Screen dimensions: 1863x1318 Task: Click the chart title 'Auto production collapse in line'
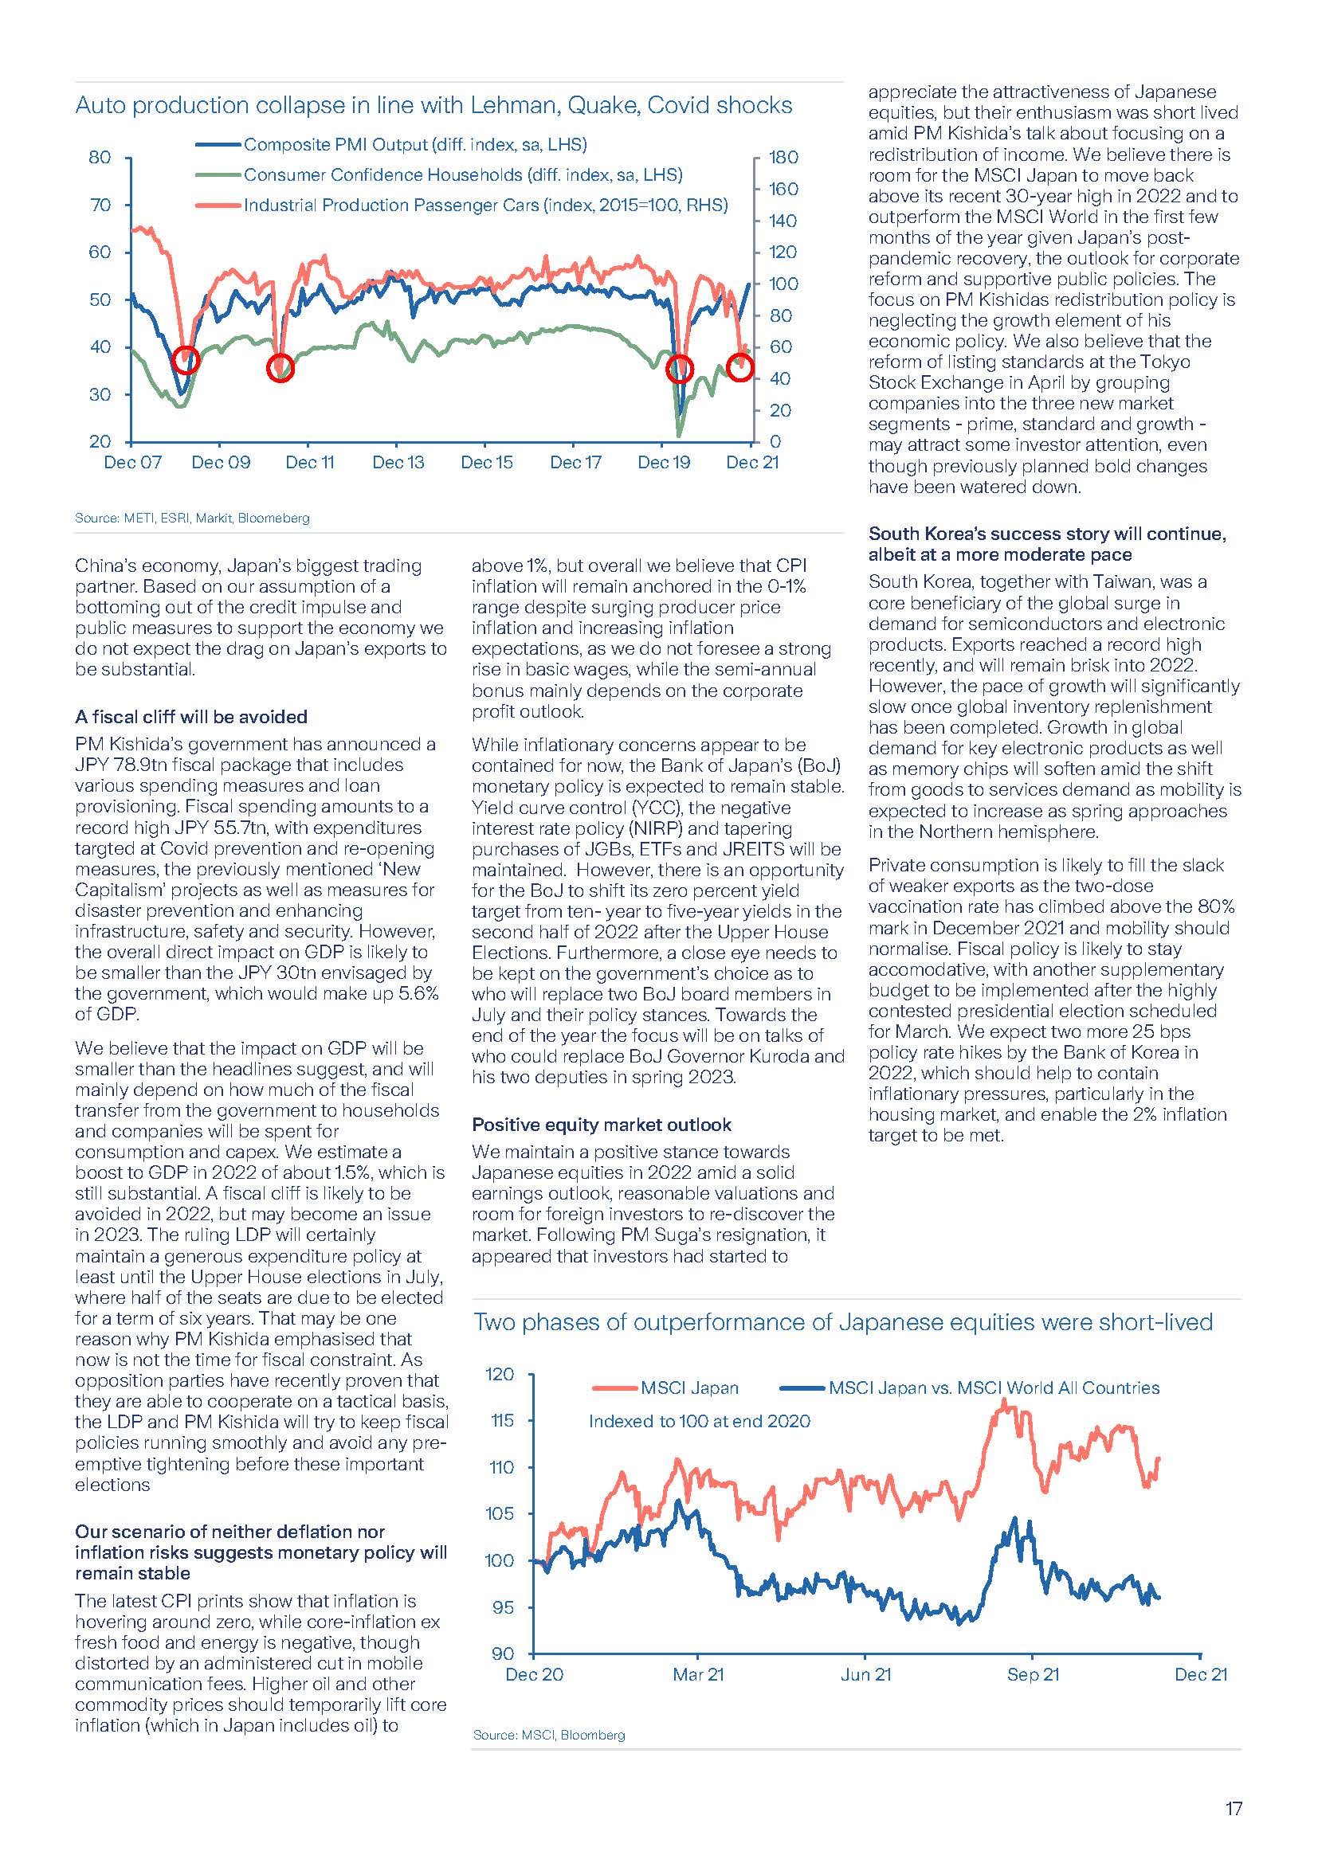tap(433, 105)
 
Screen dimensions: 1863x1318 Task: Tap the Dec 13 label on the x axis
tap(398, 463)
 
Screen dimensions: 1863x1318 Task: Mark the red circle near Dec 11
tap(280, 369)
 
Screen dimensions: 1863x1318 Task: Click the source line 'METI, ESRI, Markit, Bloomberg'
tap(192, 518)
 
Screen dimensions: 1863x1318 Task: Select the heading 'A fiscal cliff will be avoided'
tap(191, 717)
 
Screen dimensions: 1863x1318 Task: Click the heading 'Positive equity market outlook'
tap(602, 1125)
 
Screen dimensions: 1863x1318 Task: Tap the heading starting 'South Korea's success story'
tap(1047, 544)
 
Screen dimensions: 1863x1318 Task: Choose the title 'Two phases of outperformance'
tap(842, 1323)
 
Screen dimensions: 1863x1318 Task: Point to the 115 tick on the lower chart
tap(500, 1421)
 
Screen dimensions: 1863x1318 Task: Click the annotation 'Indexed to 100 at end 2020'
tap(699, 1421)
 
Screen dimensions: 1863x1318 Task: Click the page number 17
tap(1233, 1809)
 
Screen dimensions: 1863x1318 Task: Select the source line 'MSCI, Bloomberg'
tap(550, 1735)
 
